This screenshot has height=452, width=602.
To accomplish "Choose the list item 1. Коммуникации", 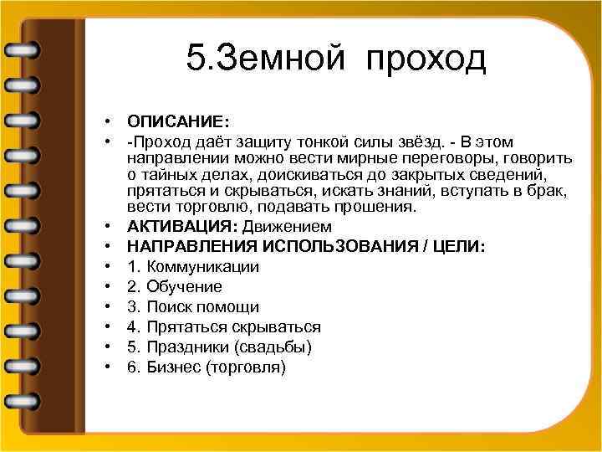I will [193, 267].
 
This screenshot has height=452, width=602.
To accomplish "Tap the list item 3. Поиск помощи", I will [193, 307].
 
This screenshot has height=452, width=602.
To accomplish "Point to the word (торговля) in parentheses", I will [248, 367].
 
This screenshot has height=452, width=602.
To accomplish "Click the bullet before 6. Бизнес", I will [110, 367].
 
